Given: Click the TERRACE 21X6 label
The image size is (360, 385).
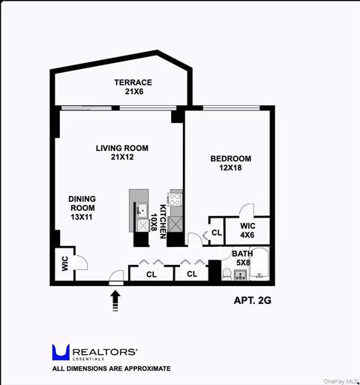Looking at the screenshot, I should pos(133,86).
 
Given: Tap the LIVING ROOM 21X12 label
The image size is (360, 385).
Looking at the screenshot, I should pos(121,153).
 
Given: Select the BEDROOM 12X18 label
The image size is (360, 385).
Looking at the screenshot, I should pos(230,164).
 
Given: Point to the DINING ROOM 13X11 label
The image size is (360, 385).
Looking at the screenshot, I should pos(82,207).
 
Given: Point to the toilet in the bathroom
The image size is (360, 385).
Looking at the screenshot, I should pos(226,274).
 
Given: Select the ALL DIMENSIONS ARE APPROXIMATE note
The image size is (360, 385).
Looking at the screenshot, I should pos(111,368).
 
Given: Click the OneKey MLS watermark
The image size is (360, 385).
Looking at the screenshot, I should pos(337,380).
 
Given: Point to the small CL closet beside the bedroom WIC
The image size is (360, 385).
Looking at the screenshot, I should pos(216,232).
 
